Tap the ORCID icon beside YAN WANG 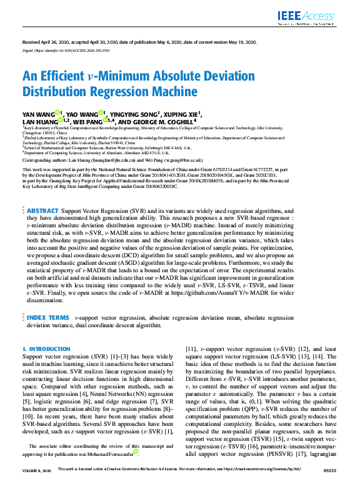pyautogui.click(x=57, y=113)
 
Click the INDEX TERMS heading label pyautogui.click(x=48, y=318)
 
